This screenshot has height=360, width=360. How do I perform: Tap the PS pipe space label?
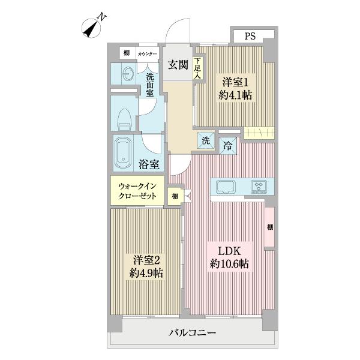point(250,36)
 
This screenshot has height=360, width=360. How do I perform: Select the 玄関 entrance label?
point(177,65)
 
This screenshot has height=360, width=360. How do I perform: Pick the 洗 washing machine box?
point(205,142)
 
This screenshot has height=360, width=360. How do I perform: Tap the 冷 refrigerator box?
point(228,144)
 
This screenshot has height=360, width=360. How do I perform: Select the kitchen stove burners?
point(260,186)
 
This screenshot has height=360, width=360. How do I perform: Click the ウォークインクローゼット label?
point(137,191)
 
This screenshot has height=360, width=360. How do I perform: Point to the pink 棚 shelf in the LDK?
point(270,226)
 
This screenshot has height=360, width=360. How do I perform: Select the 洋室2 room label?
point(146,260)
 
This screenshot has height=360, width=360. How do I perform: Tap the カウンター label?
point(147,54)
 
